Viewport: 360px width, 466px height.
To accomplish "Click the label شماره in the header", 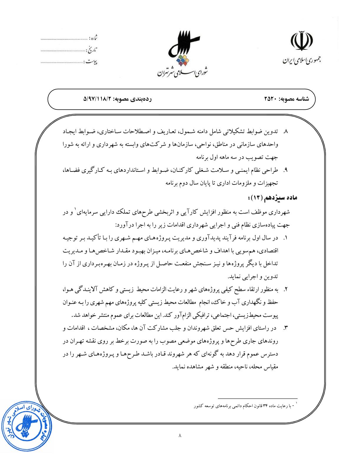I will pos(94,38).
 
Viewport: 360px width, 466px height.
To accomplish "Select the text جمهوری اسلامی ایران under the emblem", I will pos(301,61).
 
